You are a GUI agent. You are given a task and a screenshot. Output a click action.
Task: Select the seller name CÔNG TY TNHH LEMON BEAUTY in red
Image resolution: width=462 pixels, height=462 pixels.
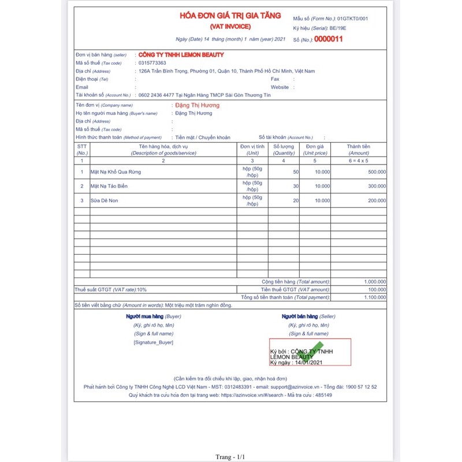[181, 55]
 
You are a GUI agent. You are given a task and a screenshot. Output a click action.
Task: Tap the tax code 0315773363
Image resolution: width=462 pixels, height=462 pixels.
[152, 63]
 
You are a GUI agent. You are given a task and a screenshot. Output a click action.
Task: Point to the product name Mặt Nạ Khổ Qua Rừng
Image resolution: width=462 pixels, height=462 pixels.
[115, 172]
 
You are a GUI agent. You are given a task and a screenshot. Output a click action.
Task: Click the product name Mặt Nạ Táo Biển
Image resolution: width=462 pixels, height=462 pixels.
[109, 187]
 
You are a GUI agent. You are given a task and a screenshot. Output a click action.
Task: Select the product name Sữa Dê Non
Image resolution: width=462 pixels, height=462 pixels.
[104, 200]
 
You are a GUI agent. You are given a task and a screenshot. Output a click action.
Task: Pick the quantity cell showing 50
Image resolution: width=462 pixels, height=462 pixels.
[296, 172]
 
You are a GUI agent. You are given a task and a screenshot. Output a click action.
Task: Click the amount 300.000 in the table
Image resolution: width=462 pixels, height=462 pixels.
[377, 187]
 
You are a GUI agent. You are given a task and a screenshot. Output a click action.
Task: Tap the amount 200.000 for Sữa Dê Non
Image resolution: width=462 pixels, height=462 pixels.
[377, 200]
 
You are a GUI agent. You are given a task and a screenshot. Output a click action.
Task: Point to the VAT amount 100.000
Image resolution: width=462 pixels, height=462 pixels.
[377, 289]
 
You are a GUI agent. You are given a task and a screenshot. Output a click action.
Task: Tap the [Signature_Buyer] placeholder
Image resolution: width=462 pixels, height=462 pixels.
[153, 342]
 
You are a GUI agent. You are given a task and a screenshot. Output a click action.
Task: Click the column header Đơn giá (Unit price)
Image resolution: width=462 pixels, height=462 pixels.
[315, 150]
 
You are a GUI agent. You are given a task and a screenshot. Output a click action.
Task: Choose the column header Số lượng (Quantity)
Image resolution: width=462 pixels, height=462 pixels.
[284, 150]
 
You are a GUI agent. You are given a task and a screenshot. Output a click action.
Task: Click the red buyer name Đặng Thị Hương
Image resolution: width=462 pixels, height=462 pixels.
[197, 106]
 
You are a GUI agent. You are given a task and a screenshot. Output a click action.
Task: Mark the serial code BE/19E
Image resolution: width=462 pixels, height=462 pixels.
[348, 28]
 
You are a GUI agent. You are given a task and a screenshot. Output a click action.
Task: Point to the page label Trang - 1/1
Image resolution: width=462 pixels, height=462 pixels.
[230, 457]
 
